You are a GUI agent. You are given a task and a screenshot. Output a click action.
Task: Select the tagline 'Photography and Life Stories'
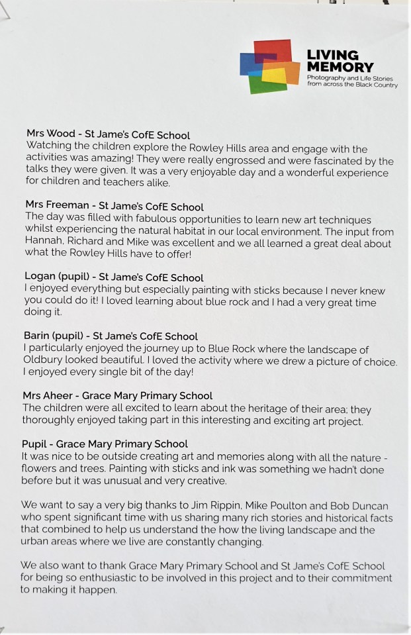tap(347, 78)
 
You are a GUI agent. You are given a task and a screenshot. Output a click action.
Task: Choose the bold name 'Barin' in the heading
tap(38, 336)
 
